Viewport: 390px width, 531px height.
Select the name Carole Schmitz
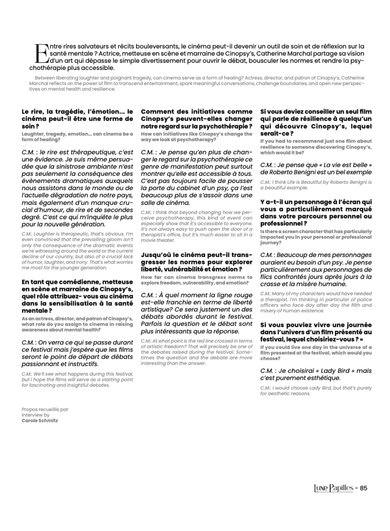click(x=39, y=420)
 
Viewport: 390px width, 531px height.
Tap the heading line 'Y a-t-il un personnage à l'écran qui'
click(x=316, y=202)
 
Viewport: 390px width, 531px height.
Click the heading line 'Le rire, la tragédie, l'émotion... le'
click(x=77, y=112)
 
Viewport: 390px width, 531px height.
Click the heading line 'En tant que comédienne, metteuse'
click(x=77, y=282)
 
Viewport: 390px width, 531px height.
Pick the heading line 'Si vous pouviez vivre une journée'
click(x=316, y=324)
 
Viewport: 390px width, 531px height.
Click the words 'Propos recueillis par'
click(x=45, y=410)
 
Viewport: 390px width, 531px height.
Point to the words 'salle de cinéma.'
click(x=165, y=203)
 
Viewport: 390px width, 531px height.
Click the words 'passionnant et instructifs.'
click(x=60, y=364)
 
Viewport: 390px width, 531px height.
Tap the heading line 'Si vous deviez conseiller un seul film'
click(x=316, y=112)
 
